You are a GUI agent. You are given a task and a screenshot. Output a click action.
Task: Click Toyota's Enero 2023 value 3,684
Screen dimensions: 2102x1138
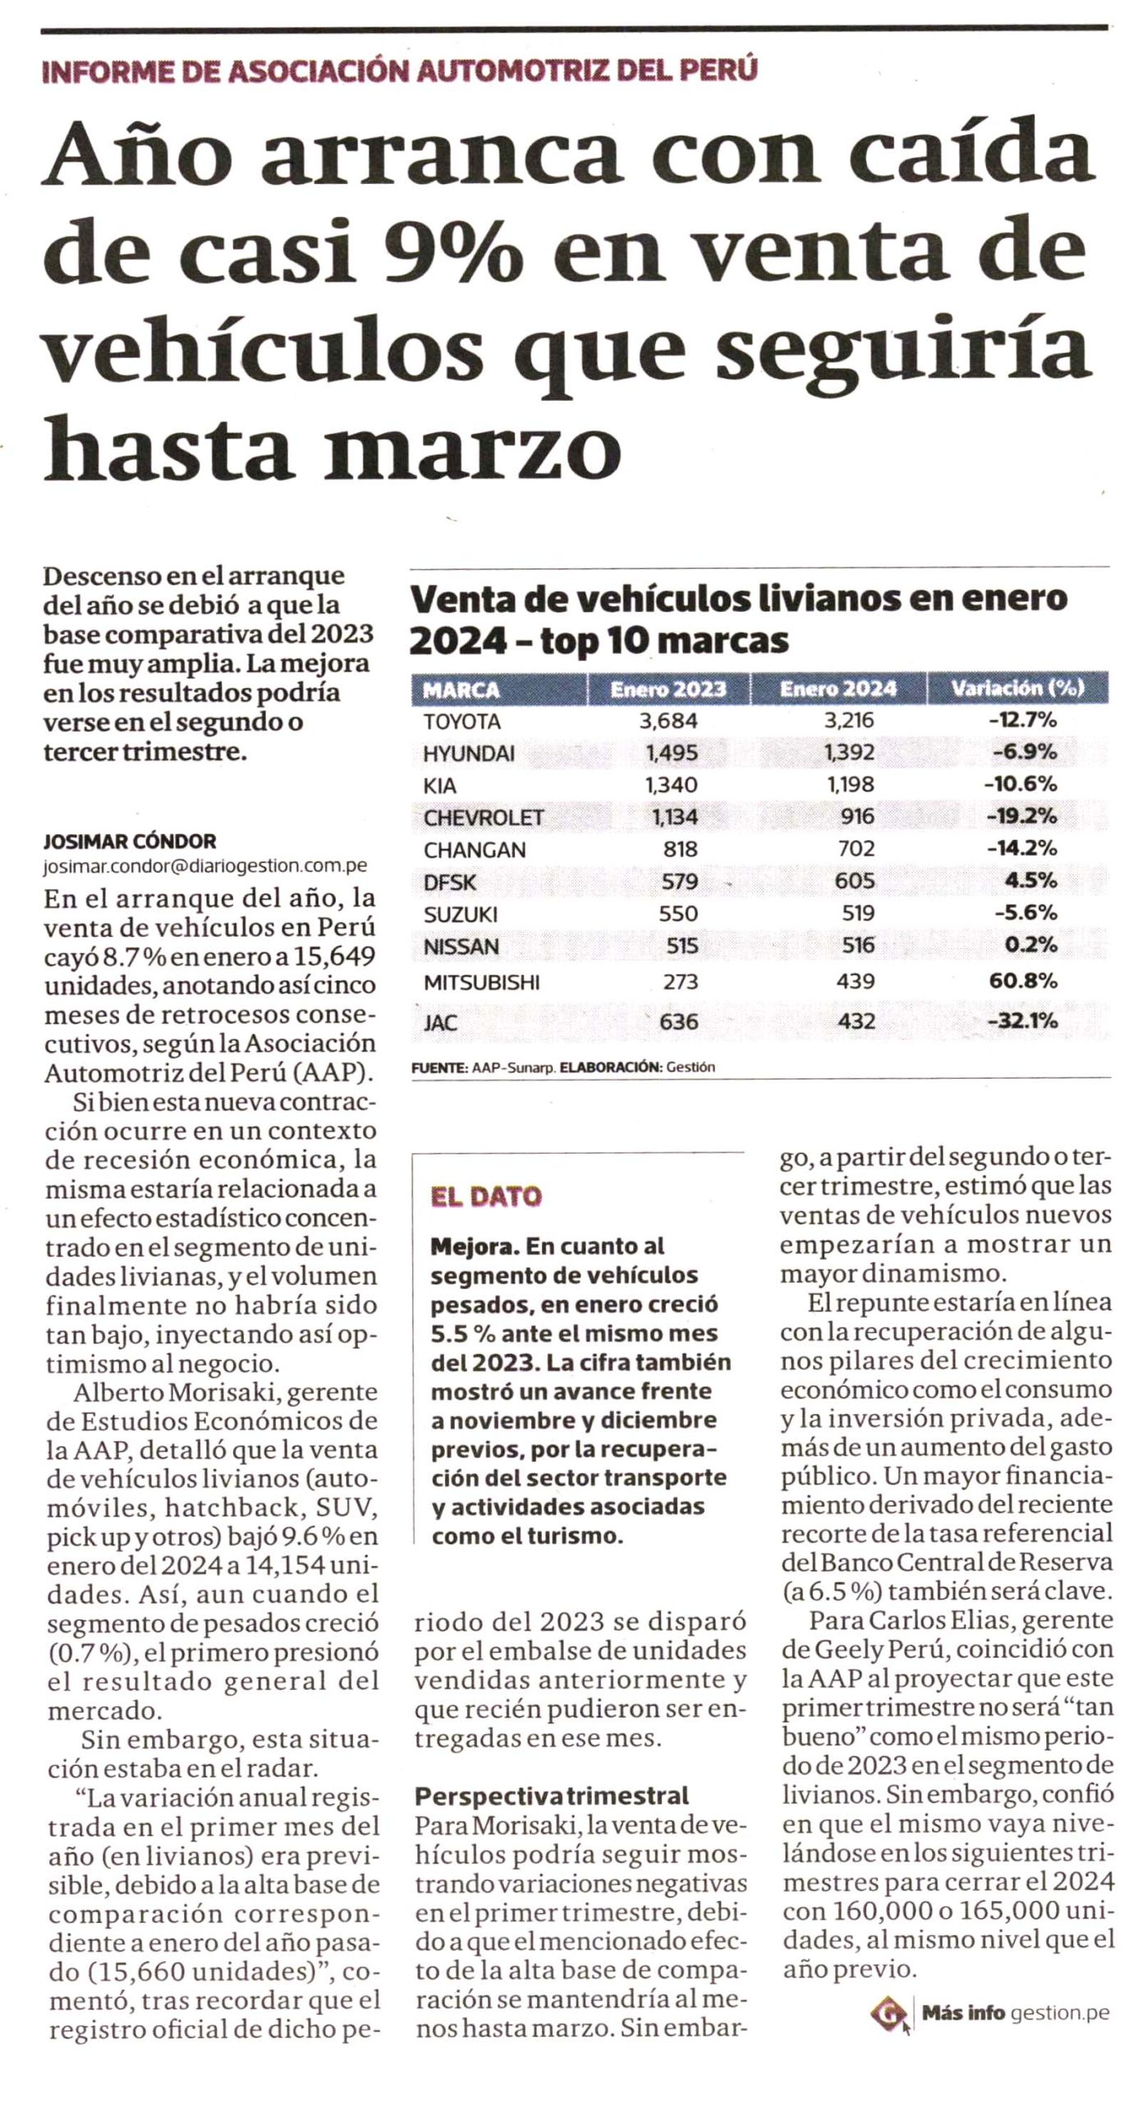(x=669, y=721)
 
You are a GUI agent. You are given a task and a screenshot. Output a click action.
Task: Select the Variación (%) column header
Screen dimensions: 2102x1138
(x=1017, y=688)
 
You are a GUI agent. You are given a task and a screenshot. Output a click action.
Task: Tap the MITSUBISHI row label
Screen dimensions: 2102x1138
(x=482, y=981)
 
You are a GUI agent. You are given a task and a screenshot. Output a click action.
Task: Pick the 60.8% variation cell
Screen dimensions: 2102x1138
(x=1023, y=980)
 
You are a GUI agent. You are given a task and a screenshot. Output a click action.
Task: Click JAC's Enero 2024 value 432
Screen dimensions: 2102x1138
(x=856, y=1021)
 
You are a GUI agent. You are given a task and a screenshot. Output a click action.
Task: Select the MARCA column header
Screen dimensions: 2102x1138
(x=461, y=689)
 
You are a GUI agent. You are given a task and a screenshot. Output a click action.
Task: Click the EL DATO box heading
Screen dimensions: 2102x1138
(x=487, y=1196)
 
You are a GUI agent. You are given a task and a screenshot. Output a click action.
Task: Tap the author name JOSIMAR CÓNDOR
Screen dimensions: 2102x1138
(x=130, y=841)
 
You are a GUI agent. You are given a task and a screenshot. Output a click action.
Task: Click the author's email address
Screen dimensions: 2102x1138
(x=205, y=865)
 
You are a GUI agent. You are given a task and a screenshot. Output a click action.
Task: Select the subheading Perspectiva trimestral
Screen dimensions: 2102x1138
(x=551, y=1796)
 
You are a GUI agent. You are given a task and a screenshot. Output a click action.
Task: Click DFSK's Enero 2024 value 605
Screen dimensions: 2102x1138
(x=856, y=880)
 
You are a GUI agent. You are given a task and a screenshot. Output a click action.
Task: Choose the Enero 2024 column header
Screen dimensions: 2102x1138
(x=838, y=688)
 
